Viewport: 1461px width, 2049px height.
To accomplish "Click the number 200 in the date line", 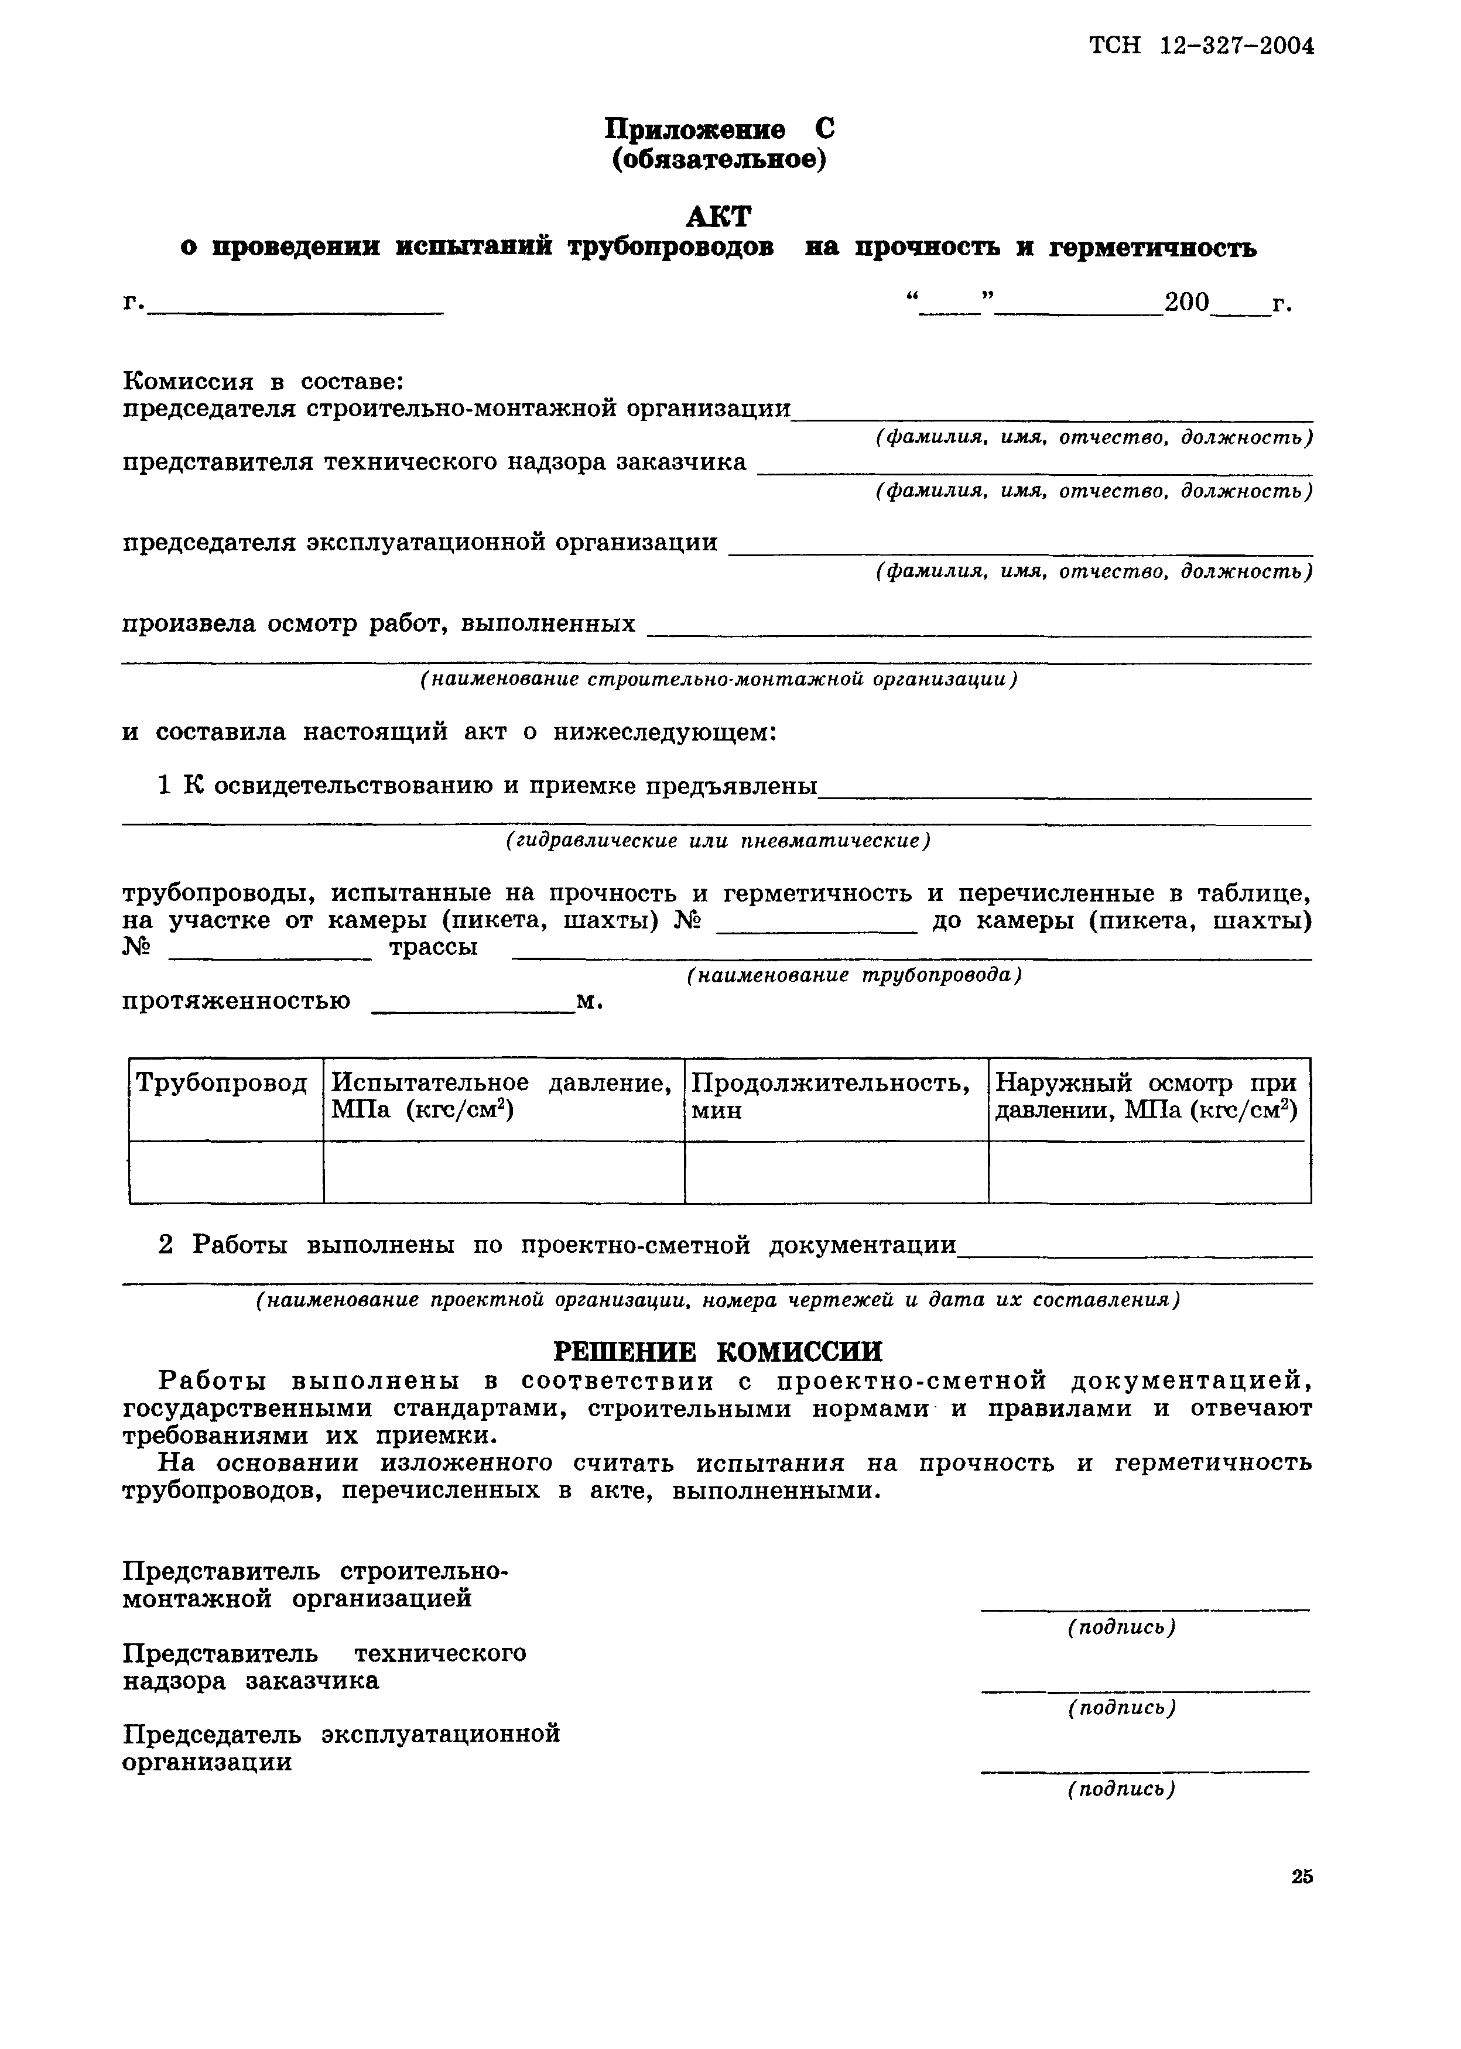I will [x=1186, y=302].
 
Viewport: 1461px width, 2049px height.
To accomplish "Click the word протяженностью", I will [x=237, y=1001].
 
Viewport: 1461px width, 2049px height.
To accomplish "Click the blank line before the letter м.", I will [x=473, y=1011].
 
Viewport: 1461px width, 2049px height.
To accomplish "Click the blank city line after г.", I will [x=297, y=310].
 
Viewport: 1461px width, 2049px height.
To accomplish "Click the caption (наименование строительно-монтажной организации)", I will [x=719, y=680].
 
